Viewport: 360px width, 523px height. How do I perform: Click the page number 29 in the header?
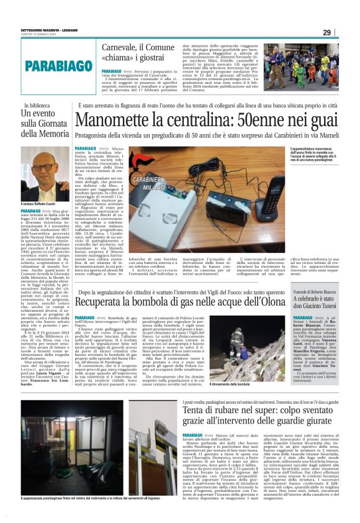tap(344, 32)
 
